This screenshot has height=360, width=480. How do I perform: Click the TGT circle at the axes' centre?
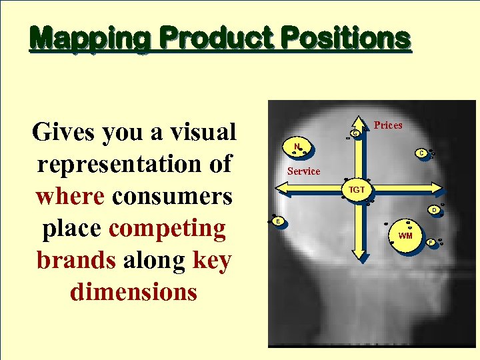click(x=357, y=190)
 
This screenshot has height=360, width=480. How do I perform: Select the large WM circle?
click(x=405, y=235)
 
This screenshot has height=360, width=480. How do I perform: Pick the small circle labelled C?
click(x=421, y=153)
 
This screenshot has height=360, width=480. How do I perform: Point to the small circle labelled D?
click(x=433, y=210)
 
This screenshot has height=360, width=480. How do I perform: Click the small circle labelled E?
click(x=278, y=220)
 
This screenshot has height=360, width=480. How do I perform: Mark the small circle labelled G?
click(x=356, y=134)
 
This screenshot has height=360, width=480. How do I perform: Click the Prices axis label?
click(x=388, y=125)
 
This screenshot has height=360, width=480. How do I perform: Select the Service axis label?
click(x=303, y=171)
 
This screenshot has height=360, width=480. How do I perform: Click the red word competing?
click(x=167, y=228)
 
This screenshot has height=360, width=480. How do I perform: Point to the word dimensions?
click(x=133, y=291)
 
